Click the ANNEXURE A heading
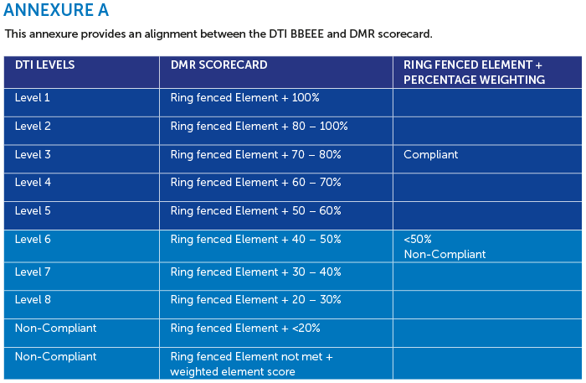[56, 10]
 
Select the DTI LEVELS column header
[45, 65]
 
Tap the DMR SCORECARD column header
[219, 65]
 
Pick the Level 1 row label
[32, 98]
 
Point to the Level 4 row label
[33, 183]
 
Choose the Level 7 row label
[33, 272]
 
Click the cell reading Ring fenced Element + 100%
[244, 98]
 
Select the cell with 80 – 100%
[259, 127]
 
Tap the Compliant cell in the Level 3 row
[430, 155]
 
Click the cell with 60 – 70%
[255, 183]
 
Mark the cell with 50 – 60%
[255, 211]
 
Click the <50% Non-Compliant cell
[445, 247]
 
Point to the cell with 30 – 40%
[255, 272]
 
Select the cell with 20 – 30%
[255, 300]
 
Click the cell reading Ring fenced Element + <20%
[245, 329]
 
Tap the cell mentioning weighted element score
[251, 365]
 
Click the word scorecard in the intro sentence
[404, 34]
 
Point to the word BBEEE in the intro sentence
[307, 34]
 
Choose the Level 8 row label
[33, 300]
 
